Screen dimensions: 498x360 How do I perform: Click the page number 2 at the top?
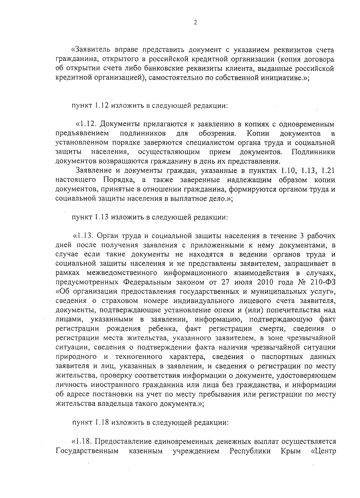(195, 23)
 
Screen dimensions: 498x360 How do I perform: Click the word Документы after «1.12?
(120, 124)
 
